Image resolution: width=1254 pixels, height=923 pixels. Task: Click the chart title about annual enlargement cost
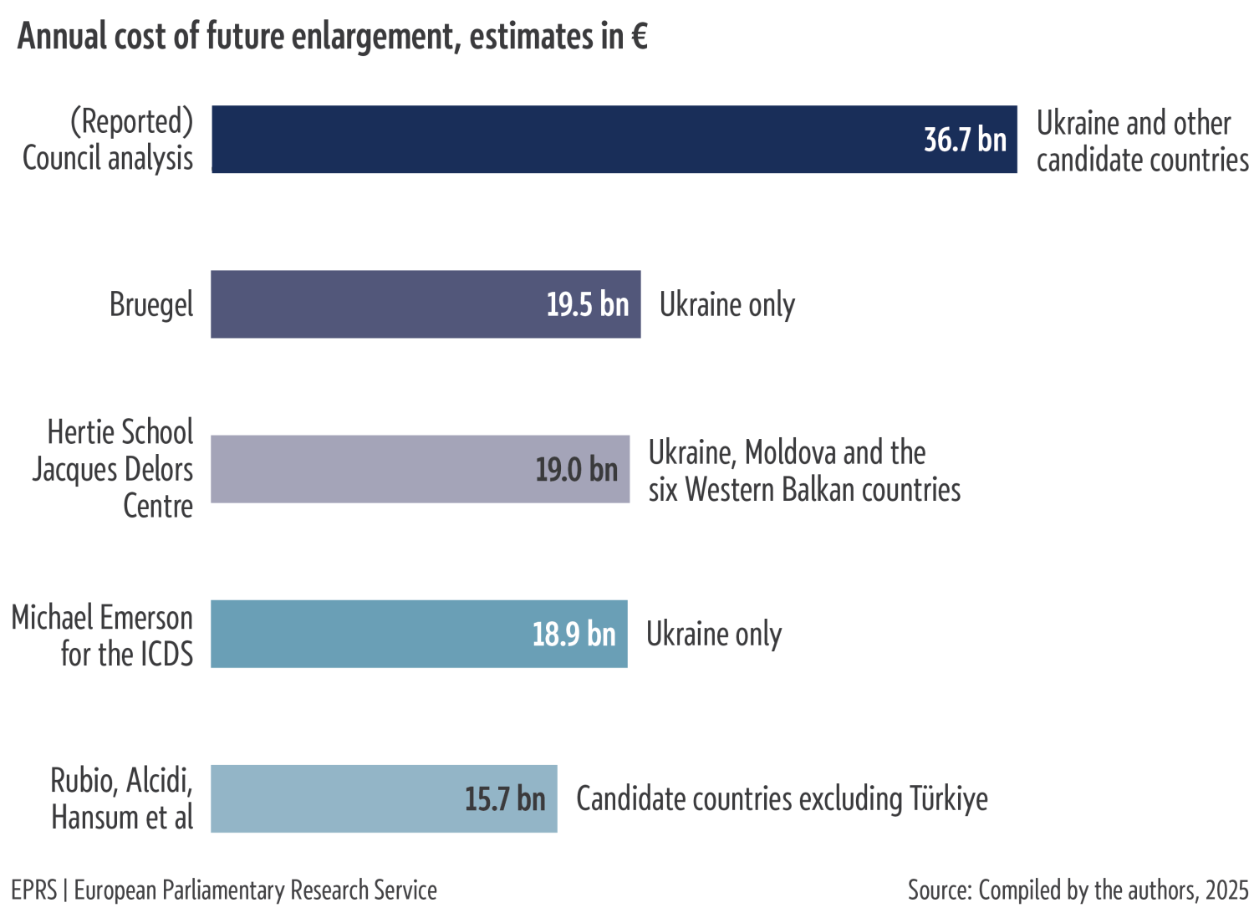pos(332,37)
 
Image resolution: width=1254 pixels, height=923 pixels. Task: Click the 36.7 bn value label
pos(965,140)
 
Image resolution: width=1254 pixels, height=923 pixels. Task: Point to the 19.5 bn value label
pos(587,304)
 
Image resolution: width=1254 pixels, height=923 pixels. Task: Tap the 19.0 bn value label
pos(576,469)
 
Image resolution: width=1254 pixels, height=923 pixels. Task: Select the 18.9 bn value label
pos(573,634)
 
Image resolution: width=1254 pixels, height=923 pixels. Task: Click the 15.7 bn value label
pos(505,798)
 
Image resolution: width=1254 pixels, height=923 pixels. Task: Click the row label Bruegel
pos(151,304)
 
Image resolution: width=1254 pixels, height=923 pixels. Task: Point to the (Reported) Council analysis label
pos(109,140)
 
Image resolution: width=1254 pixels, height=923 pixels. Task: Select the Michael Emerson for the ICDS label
pos(102,635)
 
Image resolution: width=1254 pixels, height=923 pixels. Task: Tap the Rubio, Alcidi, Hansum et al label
pos(122,798)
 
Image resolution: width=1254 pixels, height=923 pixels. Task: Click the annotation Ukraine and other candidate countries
pos(1141,140)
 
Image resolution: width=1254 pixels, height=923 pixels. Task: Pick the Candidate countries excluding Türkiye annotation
pos(782,798)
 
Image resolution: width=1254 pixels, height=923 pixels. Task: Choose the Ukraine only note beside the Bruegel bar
pos(726,304)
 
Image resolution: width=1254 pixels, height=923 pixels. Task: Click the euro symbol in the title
pos(639,37)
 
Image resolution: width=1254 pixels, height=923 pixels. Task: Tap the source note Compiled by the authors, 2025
pos(1078,890)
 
